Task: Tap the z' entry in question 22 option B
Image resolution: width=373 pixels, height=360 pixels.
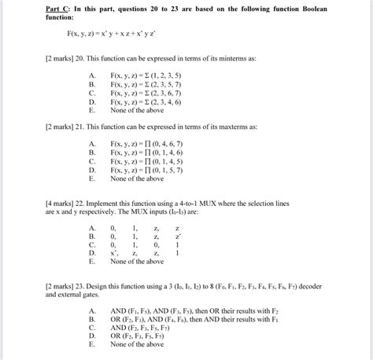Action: (179, 236)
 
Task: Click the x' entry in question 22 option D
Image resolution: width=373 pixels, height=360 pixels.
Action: (115, 252)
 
